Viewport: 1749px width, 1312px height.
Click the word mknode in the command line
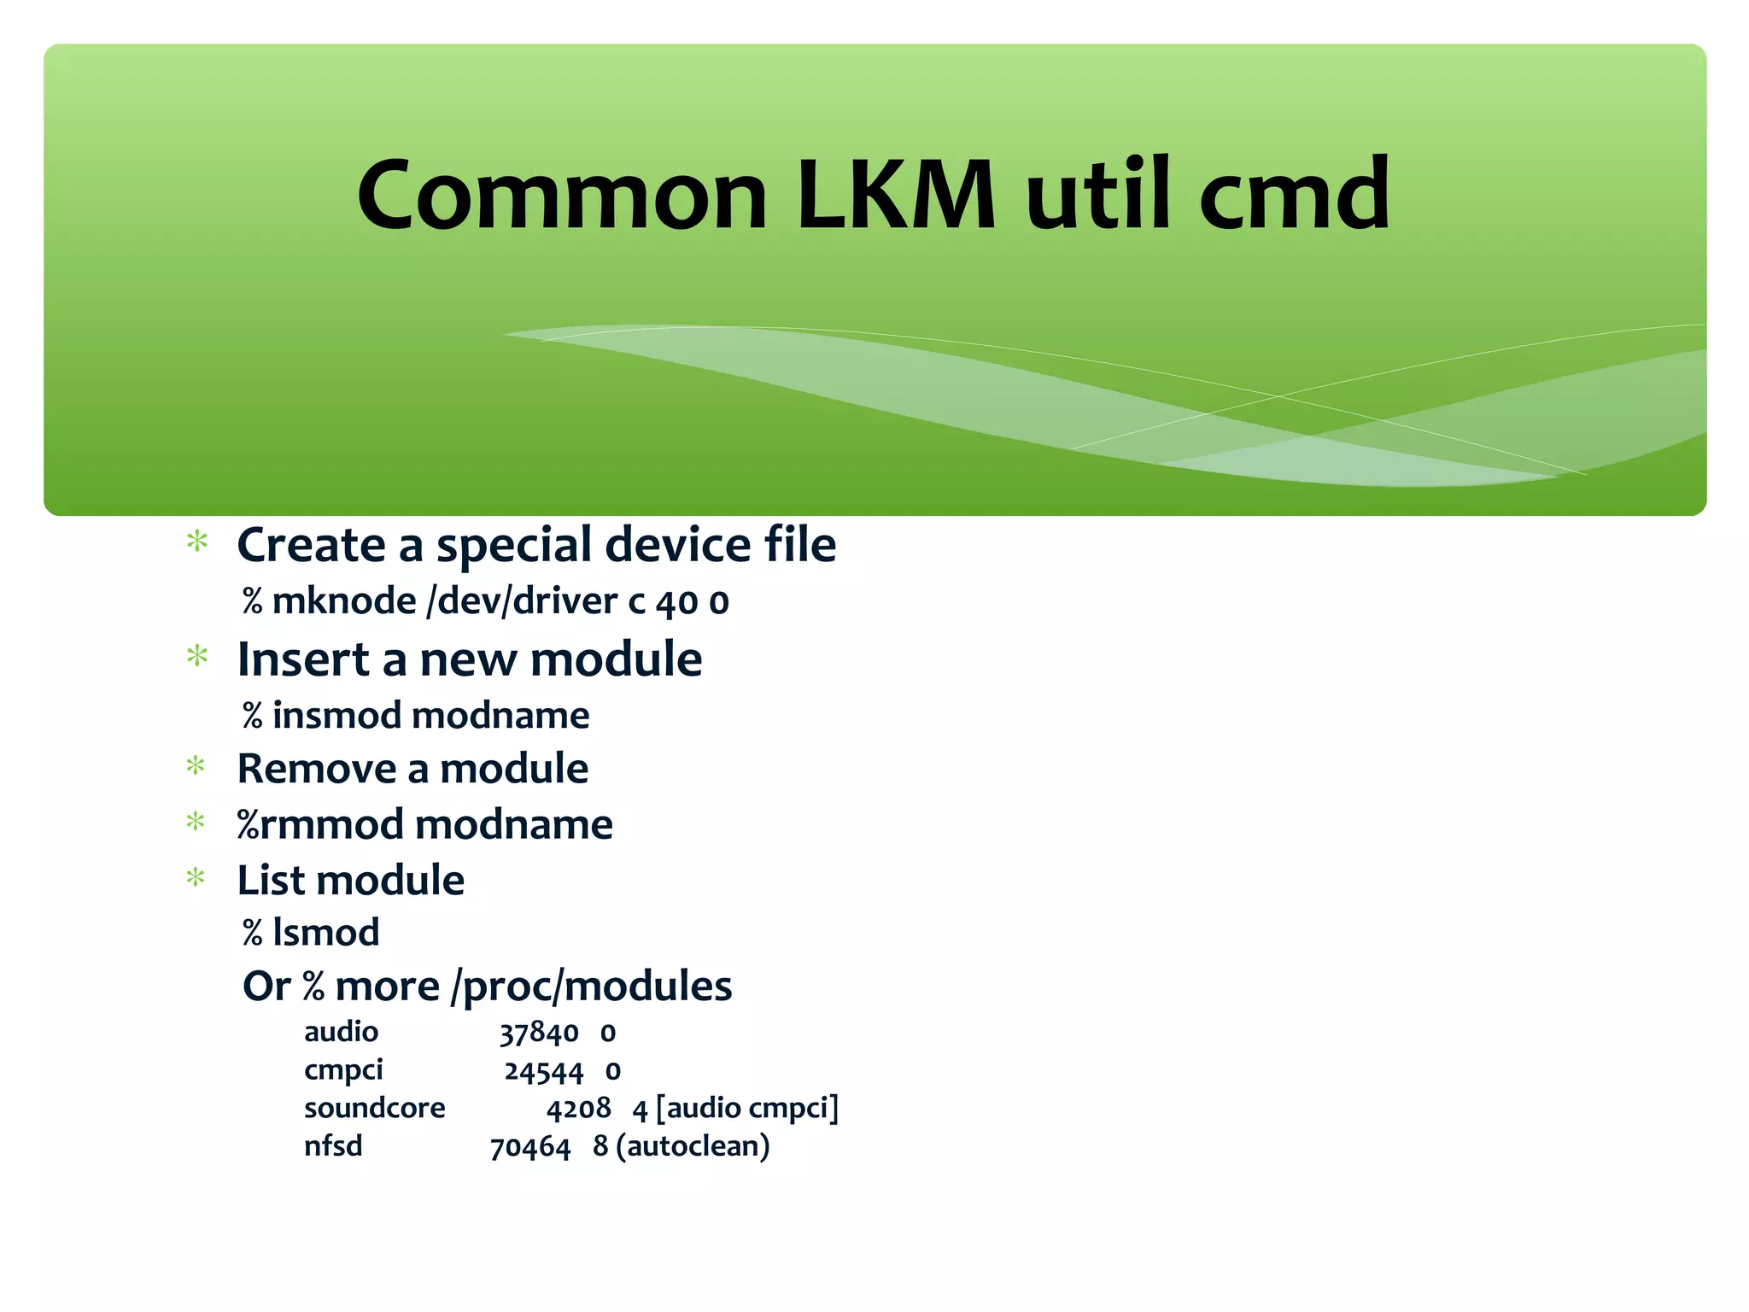344,601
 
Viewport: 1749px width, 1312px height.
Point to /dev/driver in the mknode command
522,601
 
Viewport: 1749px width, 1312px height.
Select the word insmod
336,715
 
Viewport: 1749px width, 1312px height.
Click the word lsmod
325,933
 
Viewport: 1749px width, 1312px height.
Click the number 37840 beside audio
539,1034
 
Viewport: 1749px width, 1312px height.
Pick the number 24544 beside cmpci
543,1071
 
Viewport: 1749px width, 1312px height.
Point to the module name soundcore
374,1108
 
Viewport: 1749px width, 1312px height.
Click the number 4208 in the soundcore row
578,1109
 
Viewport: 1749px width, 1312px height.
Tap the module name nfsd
333,1145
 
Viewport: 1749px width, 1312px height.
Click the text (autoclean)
693,1146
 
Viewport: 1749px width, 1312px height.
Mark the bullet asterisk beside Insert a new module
197,657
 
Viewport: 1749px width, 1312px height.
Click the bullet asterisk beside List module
196,878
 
